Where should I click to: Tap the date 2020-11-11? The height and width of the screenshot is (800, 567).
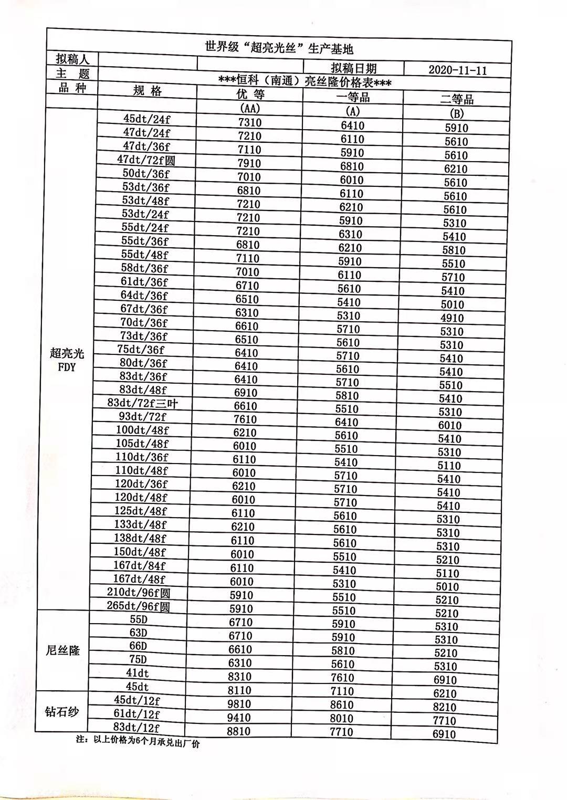coord(457,70)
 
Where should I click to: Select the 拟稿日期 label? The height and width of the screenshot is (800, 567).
coord(353,68)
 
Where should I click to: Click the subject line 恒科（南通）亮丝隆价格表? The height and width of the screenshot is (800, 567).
coord(304,81)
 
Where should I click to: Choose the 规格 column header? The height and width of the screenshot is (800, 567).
coord(148,91)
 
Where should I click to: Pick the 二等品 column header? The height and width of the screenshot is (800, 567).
coord(457,99)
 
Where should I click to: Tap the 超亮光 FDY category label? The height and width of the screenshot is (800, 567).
coord(67,360)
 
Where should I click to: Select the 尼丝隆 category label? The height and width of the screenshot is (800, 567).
coord(62,650)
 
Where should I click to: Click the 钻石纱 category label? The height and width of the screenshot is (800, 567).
coord(61,712)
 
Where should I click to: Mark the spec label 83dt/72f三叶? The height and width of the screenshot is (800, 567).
coord(143,403)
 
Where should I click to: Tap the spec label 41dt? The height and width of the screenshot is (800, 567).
coord(138,673)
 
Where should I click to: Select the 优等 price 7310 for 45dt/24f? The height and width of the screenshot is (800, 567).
coord(249,122)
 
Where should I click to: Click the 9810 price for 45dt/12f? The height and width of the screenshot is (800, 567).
coord(239,704)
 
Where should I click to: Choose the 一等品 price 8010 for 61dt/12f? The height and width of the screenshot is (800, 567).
coord(342,718)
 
